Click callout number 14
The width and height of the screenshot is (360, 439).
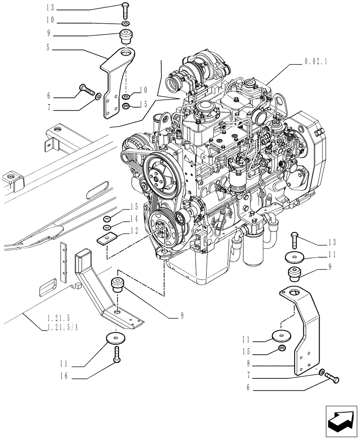pos(134,219)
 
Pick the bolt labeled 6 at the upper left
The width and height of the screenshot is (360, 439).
pos(87,92)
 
